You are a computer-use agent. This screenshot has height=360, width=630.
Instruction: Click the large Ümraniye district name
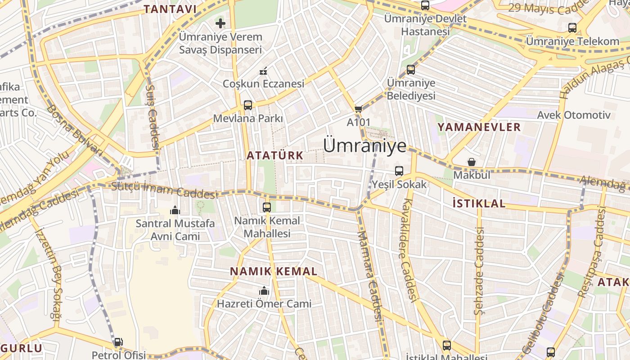tap(364, 145)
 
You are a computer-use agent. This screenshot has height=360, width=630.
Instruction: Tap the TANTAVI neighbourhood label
tap(170, 9)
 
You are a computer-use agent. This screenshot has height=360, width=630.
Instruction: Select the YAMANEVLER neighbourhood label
tap(479, 127)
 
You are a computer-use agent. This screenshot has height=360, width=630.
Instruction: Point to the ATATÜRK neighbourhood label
tap(274, 156)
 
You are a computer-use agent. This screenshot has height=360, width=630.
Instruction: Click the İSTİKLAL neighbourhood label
tap(479, 203)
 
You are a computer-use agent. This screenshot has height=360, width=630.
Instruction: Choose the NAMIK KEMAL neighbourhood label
tap(274, 271)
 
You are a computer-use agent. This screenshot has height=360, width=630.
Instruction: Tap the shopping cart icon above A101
tap(358, 109)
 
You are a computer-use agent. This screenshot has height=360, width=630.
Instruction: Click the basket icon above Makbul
tap(472, 162)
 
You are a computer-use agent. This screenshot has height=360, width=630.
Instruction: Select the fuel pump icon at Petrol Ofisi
tap(118, 342)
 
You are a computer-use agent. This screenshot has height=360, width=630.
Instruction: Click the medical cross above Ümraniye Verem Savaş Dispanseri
tap(220, 23)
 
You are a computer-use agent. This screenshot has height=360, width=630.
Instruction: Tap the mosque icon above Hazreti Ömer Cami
tap(264, 291)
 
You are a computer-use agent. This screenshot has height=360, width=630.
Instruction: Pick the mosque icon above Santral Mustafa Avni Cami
tap(175, 210)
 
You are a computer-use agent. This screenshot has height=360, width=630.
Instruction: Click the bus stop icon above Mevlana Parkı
tap(248, 105)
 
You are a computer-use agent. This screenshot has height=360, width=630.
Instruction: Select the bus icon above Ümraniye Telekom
tap(572, 28)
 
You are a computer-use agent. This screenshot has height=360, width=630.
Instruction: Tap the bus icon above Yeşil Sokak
tap(399, 171)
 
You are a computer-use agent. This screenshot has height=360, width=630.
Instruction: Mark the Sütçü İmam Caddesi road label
tap(165, 190)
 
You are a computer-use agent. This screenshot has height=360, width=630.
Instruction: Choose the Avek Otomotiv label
tap(573, 115)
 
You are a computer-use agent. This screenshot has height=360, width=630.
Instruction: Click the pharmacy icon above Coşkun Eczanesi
tap(264, 71)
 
